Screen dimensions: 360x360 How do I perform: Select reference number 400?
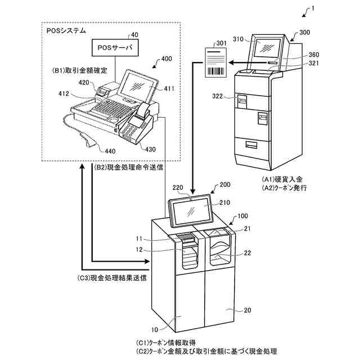166,59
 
